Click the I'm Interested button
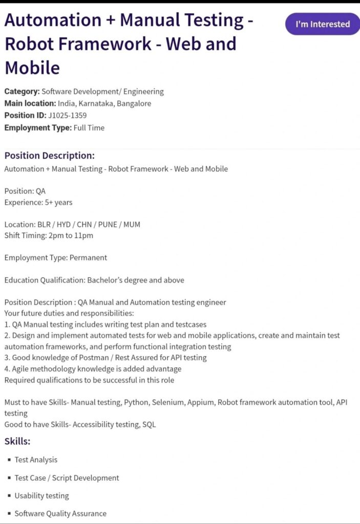click(323, 24)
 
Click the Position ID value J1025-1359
click(68, 116)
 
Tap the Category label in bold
click(22, 92)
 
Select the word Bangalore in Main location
click(134, 103)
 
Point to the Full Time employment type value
click(89, 128)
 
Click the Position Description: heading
click(50, 156)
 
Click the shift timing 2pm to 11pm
click(70, 235)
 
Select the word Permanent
click(88, 257)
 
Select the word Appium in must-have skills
click(200, 402)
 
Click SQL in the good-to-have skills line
click(150, 424)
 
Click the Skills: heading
click(17, 441)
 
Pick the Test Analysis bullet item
click(36, 460)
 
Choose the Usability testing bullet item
click(41, 495)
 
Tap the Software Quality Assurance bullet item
click(60, 513)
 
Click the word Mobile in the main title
click(32, 68)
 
